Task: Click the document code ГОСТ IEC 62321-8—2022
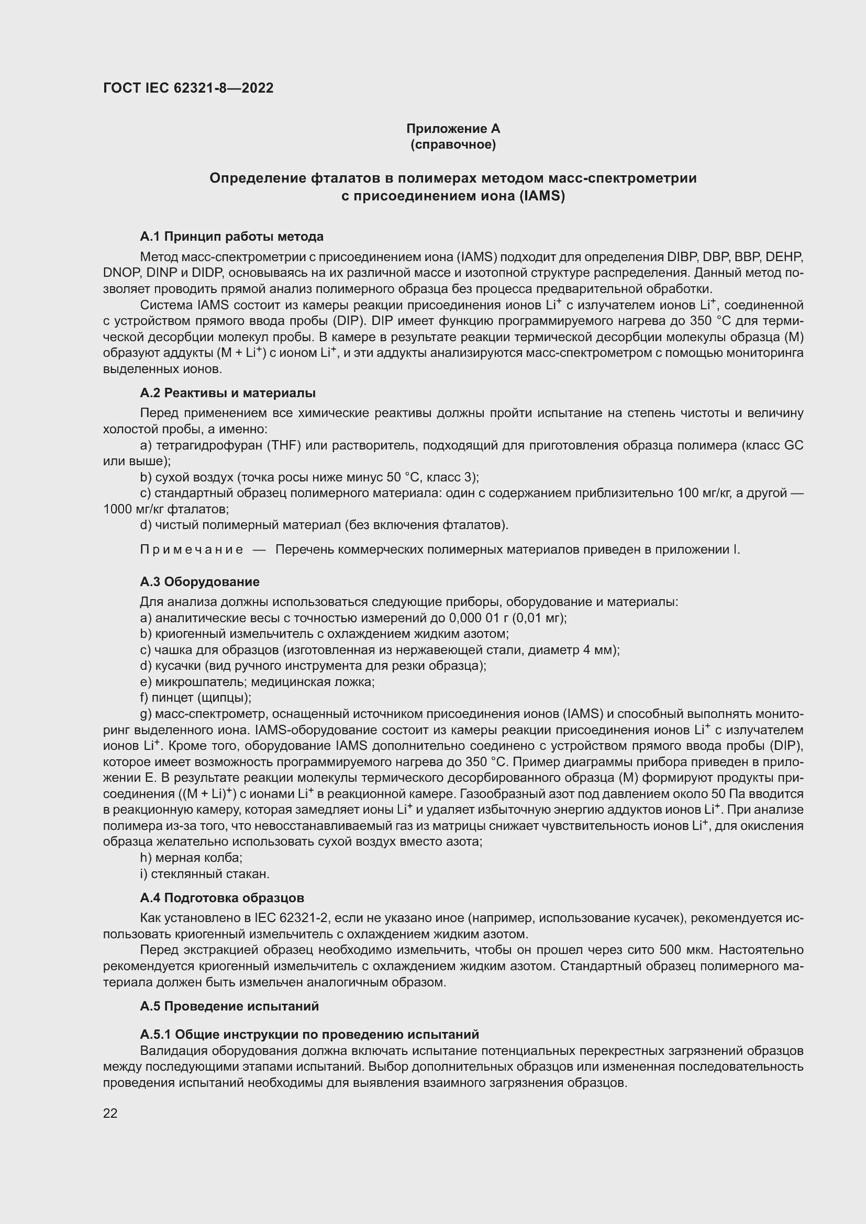point(188,88)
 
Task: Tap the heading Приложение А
point(453,129)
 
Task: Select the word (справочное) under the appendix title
point(453,144)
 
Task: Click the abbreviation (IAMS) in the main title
point(540,196)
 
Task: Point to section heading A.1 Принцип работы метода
point(231,236)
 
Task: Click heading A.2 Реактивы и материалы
point(228,393)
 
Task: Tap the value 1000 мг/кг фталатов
point(165,509)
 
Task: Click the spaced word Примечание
point(192,549)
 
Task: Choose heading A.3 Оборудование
point(199,581)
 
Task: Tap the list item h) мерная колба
point(191,858)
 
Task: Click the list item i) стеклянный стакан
point(205,874)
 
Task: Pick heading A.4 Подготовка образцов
point(222,898)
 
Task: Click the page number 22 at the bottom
point(110,1113)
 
